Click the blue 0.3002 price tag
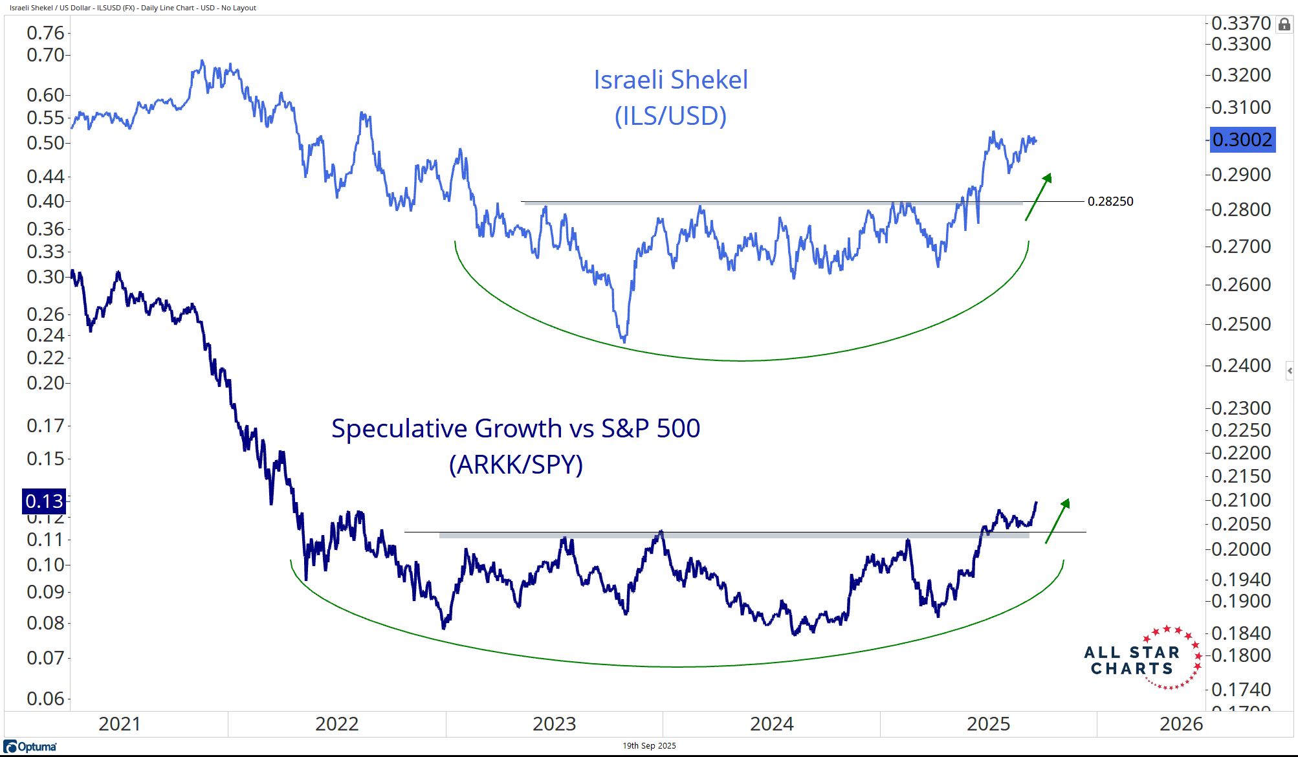(1242, 140)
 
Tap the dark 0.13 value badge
(44, 501)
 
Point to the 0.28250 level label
(1110, 201)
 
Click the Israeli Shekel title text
(670, 80)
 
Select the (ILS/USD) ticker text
(670, 116)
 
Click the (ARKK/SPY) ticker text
(516, 465)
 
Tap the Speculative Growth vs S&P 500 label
(516, 428)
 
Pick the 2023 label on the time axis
(554, 724)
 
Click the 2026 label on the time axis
(1181, 724)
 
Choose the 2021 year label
(120, 724)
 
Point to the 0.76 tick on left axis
(45, 33)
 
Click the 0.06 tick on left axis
(45, 699)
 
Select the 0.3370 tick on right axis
(1240, 23)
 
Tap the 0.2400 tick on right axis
(1240, 366)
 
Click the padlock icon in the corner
(1284, 25)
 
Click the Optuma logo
(30, 747)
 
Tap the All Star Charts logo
(1142, 659)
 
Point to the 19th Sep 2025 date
(649, 746)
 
